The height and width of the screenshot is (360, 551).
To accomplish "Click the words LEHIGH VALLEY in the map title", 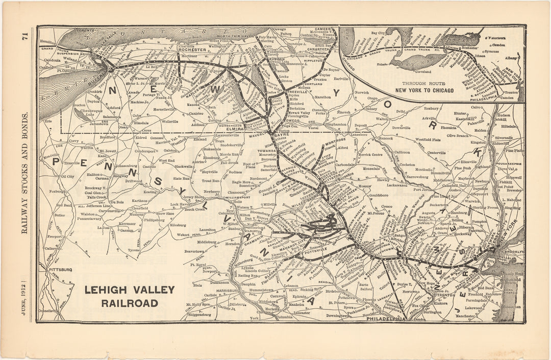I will click(x=129, y=290).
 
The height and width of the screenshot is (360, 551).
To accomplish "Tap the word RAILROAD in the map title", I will click(x=129, y=303).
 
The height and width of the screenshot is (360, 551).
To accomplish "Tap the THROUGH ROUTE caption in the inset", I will click(x=423, y=83).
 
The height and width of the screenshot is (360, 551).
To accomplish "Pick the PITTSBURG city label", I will click(x=60, y=269).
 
